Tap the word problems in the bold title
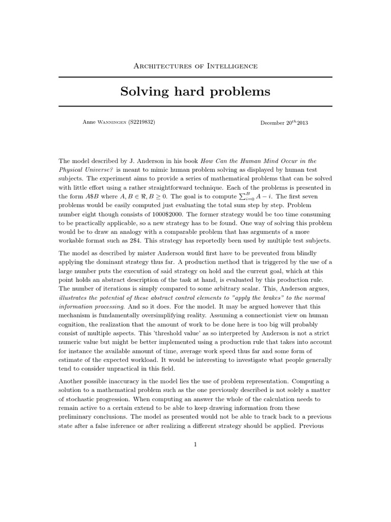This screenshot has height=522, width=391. tap(238, 92)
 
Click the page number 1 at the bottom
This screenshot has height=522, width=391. tap(195, 445)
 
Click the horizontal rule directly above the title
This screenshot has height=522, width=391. tap(195, 77)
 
